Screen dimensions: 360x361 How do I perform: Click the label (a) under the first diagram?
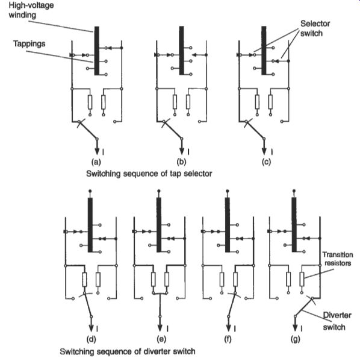point(96,162)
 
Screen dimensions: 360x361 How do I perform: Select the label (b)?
point(181,162)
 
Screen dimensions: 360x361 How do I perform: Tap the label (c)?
point(266,162)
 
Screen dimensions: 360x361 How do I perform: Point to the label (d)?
point(91,339)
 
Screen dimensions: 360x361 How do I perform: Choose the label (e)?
point(161,339)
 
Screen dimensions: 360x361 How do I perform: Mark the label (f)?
point(228,339)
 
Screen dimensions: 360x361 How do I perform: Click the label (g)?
point(295,339)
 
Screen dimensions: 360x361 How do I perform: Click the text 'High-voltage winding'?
point(31,10)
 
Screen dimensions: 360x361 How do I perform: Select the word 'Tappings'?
point(29,44)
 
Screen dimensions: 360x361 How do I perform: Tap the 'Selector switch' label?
point(315,28)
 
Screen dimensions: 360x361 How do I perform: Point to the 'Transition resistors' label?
point(338,259)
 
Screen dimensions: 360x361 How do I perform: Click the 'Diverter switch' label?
point(337,321)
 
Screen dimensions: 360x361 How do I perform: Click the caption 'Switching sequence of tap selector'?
point(149,174)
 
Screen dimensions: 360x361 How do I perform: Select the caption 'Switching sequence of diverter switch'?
point(128,351)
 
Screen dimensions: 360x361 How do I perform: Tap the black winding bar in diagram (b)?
point(181,51)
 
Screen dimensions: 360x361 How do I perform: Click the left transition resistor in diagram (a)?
point(90,102)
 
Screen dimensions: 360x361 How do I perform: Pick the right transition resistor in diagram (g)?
point(302,279)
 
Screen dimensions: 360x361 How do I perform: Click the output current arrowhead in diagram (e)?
point(160,328)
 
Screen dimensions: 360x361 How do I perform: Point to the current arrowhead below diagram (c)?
point(264,151)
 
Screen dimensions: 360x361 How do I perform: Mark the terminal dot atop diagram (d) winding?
point(90,191)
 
